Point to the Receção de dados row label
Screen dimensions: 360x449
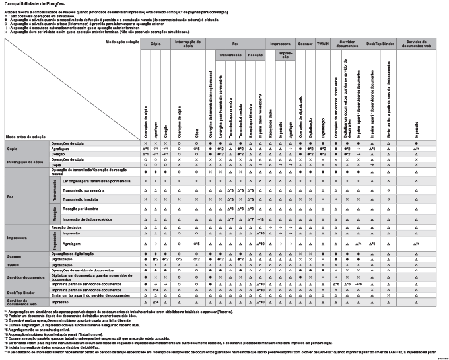[67, 227]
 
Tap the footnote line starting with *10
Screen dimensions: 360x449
[218, 353]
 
